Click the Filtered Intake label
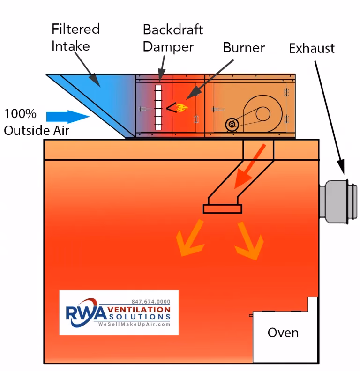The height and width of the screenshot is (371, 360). (75, 37)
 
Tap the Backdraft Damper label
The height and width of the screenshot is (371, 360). (172, 38)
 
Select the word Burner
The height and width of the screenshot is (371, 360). (243, 47)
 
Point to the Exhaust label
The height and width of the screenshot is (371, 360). (311, 48)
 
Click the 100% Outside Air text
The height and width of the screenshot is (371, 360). (37, 122)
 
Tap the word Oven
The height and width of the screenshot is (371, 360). (283, 333)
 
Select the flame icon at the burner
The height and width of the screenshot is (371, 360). (182, 108)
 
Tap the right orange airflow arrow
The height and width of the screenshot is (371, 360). (249, 241)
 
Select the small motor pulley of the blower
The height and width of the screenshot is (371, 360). (232, 125)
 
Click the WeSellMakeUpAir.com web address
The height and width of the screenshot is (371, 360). (134, 325)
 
